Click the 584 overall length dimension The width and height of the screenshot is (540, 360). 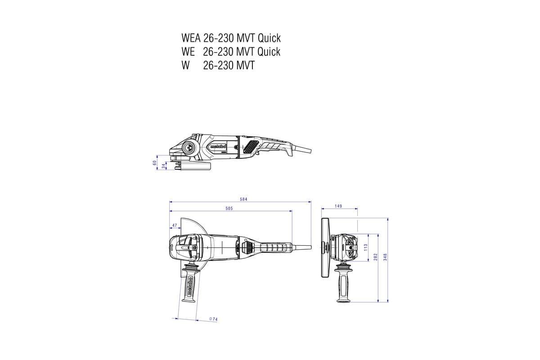(243, 199)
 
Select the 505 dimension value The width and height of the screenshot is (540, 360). (229, 208)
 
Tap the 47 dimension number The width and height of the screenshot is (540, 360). (175, 225)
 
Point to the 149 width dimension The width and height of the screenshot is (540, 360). (338, 206)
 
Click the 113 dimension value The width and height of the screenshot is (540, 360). (365, 247)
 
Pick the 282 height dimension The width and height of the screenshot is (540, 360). (375, 257)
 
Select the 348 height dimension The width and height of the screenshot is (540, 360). (385, 257)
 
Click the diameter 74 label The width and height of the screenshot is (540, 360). (213, 319)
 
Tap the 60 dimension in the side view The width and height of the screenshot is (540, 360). (155, 163)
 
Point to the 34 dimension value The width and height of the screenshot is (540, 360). (164, 166)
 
